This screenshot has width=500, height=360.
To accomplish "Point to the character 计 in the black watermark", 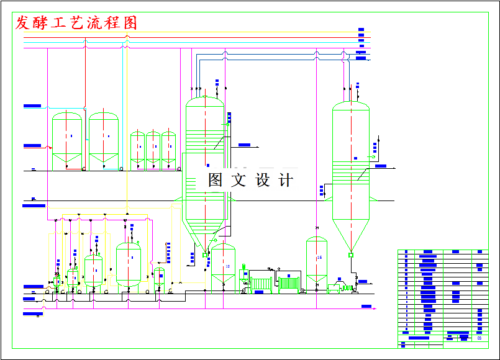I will (x=286, y=180).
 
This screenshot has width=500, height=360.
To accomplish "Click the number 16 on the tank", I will (x=319, y=258).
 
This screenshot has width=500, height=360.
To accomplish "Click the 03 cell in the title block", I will (x=479, y=338).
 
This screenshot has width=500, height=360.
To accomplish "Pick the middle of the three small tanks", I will (x=153, y=148).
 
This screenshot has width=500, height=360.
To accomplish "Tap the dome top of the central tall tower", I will (x=205, y=101).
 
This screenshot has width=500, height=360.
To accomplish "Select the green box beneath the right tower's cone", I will (x=351, y=254).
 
